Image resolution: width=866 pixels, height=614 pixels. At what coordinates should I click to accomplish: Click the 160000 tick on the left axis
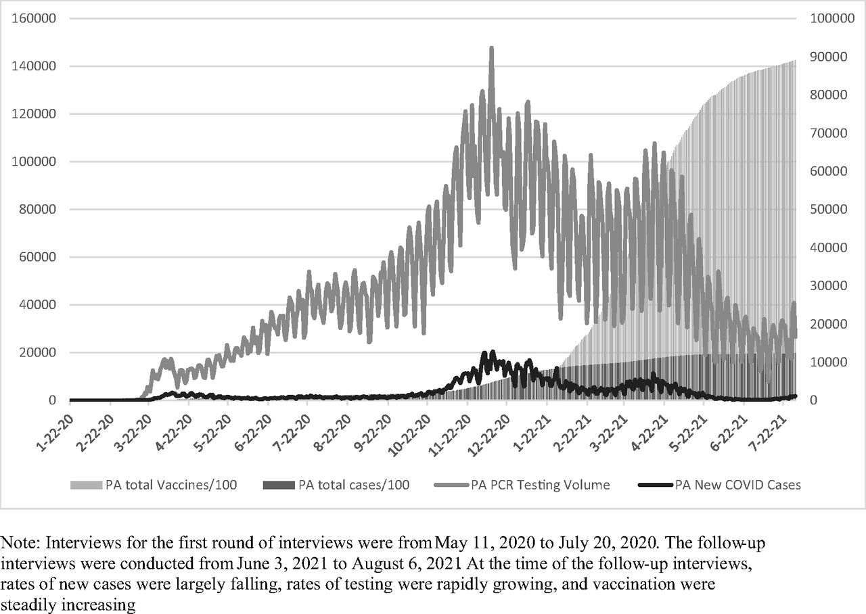point(34,18)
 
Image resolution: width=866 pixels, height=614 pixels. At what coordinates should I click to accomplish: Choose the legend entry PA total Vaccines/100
point(154,485)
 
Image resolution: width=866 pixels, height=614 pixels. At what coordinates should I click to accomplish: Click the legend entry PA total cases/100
point(336,485)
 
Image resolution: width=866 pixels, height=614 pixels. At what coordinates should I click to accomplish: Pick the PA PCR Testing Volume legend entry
point(522,485)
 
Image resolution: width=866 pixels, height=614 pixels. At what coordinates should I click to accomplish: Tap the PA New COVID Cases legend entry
point(719,485)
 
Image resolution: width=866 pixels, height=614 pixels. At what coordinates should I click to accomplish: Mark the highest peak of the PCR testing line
point(491,48)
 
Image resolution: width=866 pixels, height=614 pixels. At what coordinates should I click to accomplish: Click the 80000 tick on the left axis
point(37,209)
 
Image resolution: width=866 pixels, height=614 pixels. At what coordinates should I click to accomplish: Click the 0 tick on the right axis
point(813,400)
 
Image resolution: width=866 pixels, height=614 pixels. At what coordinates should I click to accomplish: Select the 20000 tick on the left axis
point(37,352)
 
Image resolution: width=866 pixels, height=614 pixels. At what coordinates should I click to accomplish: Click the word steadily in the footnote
point(28,605)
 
